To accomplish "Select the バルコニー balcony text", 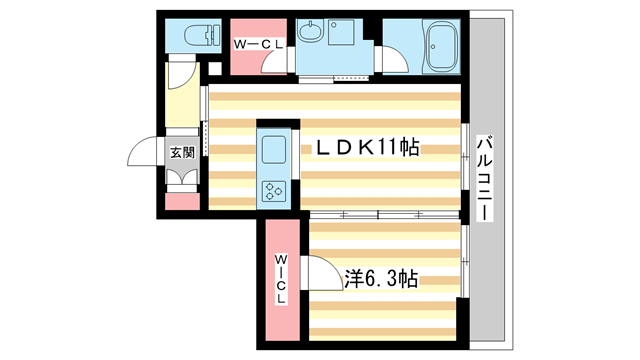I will [485, 177].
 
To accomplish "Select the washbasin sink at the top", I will [312, 37].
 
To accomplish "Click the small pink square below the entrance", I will [181, 202].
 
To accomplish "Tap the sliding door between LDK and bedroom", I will [385, 214].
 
